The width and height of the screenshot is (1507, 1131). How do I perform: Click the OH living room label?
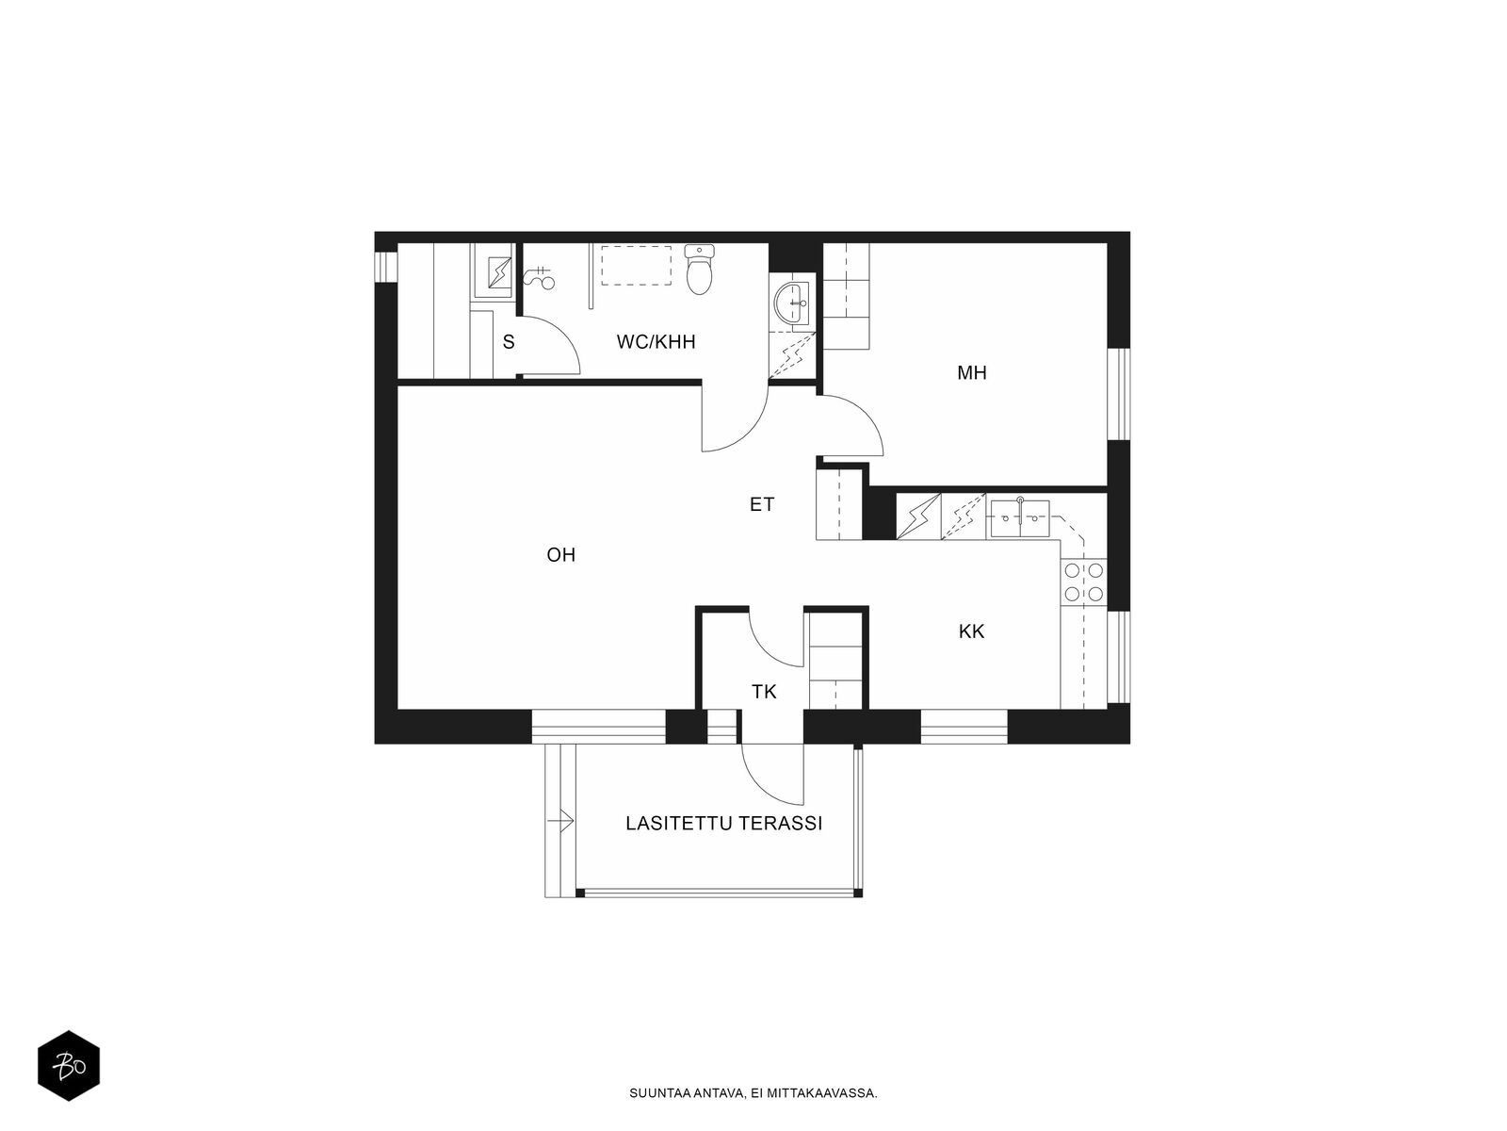(560, 555)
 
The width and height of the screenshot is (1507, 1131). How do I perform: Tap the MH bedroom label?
(971, 373)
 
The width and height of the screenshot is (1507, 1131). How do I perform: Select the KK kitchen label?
(971, 631)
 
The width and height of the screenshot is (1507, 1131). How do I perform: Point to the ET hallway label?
(761, 505)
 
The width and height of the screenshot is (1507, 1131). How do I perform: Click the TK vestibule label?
(764, 693)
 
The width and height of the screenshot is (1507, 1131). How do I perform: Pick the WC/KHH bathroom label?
(656, 342)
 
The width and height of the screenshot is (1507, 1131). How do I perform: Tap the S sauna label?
(509, 342)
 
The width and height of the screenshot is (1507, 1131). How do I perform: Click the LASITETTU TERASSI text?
(723, 824)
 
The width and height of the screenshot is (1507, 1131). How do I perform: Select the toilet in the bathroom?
(700, 270)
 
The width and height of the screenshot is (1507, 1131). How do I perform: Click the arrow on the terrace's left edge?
(561, 822)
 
